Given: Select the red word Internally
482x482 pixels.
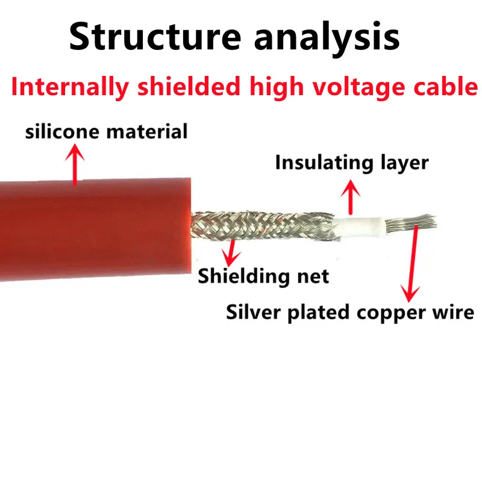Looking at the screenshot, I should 70,87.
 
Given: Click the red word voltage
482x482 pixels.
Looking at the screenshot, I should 352,87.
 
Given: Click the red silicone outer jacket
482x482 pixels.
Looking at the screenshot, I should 90,229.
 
